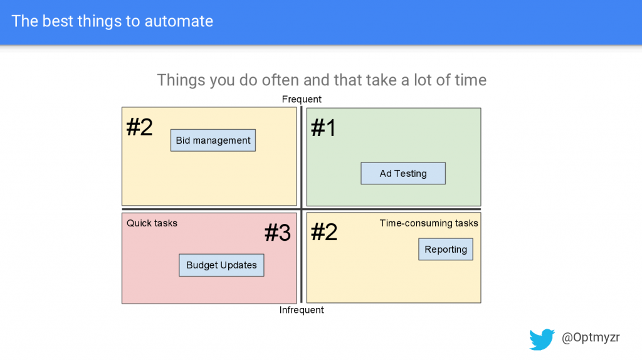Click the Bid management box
[213, 140]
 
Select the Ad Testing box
[403, 173]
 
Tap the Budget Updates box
[221, 265]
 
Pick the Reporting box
[446, 249]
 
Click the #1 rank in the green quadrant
[324, 127]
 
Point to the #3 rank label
[278, 233]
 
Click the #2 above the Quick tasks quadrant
[139, 127]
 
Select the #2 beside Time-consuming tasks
[324, 232]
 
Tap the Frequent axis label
[302, 99]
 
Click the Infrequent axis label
[302, 310]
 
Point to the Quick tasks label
[152, 223]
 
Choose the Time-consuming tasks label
[429, 223]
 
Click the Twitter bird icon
[542, 339]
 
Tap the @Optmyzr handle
[591, 337]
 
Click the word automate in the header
[179, 21]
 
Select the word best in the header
[58, 21]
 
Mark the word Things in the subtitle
[181, 81]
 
